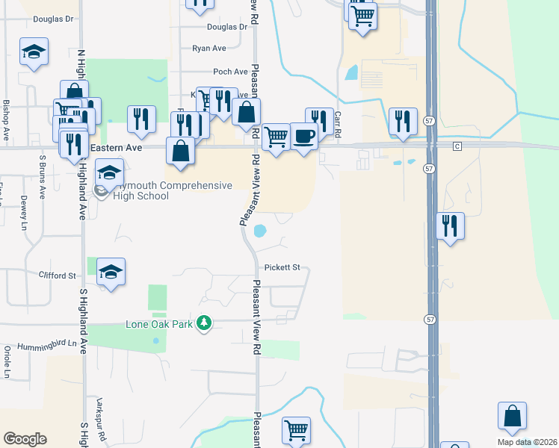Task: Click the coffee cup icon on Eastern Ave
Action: tap(303, 136)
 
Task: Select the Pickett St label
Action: tap(282, 267)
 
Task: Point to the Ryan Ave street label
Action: tap(209, 48)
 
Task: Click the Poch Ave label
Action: tap(230, 72)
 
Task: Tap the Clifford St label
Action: tap(58, 275)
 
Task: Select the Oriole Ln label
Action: tap(7, 361)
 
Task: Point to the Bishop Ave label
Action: tap(6, 120)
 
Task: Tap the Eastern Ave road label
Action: tap(116, 149)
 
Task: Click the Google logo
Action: tap(25, 439)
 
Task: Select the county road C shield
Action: tap(457, 147)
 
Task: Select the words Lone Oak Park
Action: tap(158, 323)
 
